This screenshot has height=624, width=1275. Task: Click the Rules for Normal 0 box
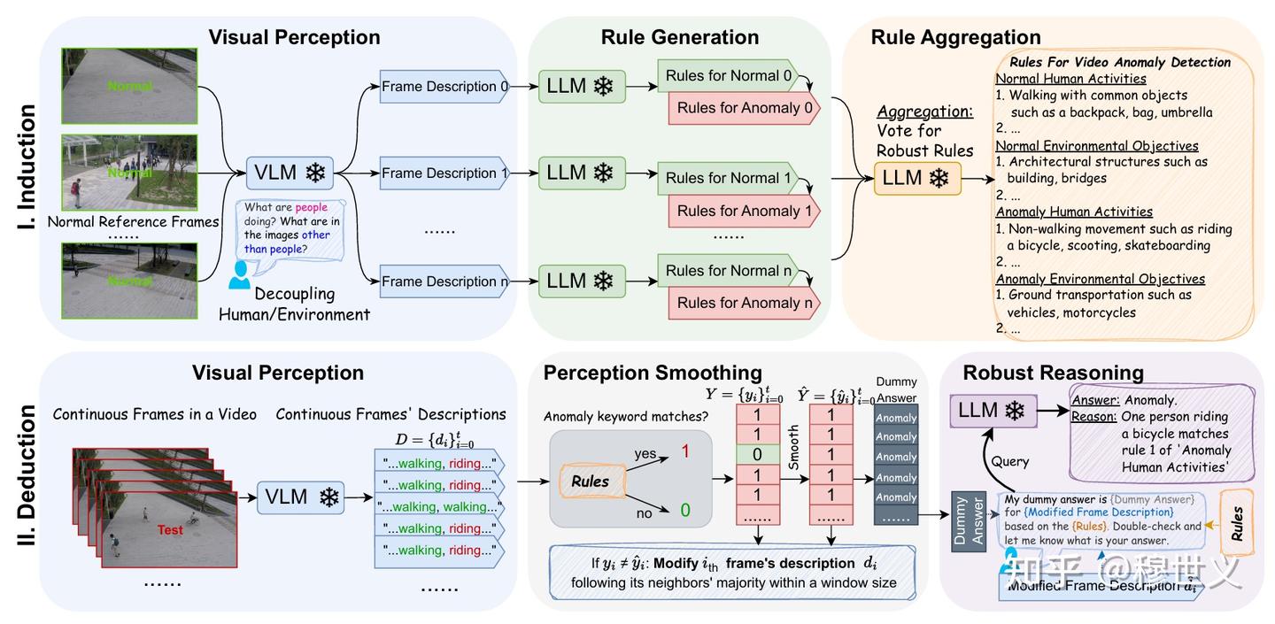point(728,76)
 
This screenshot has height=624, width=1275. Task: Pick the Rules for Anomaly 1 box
point(744,211)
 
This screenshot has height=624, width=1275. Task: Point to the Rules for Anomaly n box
point(744,303)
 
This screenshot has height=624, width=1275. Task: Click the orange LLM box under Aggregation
point(917,178)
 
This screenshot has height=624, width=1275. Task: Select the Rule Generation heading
point(679,37)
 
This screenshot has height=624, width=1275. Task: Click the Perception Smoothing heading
point(653,373)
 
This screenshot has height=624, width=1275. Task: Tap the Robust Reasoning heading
point(1053,373)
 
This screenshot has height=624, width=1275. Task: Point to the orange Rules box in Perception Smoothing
point(590,481)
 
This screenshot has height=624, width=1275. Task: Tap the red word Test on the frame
point(170,530)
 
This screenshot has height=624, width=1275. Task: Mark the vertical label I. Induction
point(27,168)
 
